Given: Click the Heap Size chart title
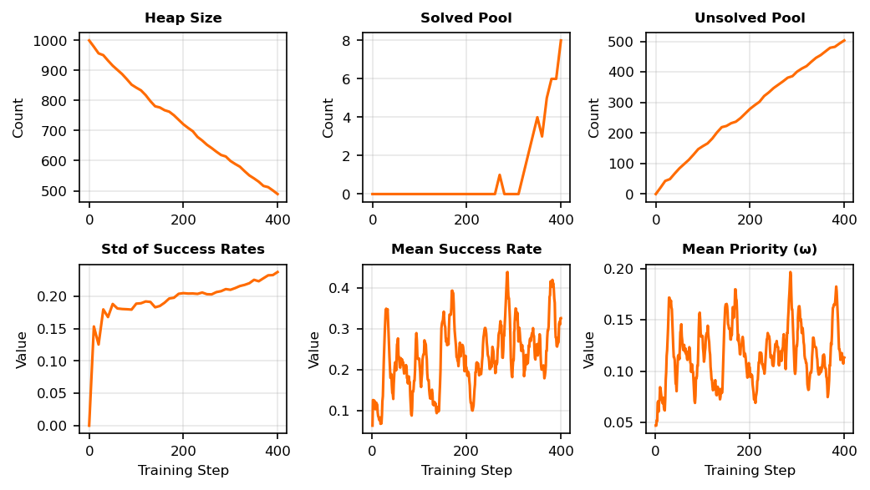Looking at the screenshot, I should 183,18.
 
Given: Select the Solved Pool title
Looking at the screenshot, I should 466,18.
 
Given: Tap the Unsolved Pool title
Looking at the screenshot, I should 750,18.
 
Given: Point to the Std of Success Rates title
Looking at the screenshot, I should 183,249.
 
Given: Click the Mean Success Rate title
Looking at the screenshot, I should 466,249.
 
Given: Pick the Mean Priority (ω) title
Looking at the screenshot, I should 750,249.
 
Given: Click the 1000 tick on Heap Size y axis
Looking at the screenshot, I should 56,41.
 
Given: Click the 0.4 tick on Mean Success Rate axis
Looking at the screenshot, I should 345,288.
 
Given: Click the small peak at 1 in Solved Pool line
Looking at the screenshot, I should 499,174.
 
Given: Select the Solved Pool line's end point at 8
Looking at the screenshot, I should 561,40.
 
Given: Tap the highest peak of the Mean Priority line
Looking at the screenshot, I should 790,271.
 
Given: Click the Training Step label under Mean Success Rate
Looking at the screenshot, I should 466,471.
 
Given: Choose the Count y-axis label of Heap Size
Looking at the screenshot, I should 18,117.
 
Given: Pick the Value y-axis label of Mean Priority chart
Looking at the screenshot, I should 590,349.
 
